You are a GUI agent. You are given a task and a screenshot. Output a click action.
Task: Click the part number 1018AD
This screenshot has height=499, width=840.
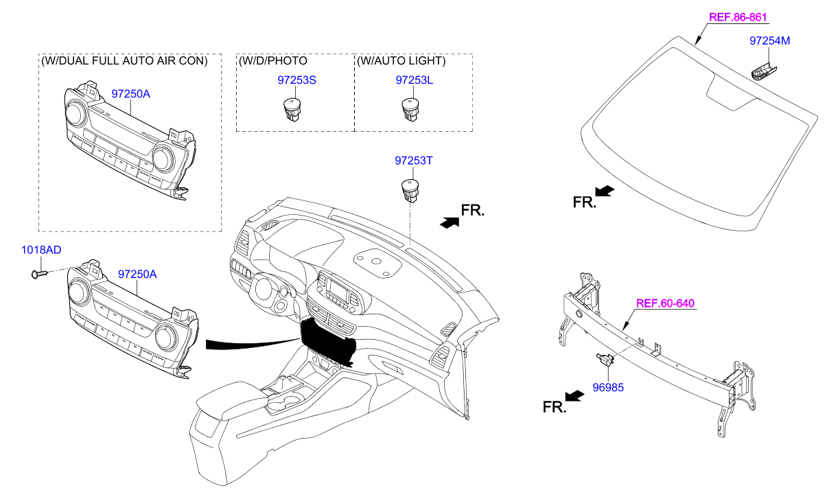pos(40,251)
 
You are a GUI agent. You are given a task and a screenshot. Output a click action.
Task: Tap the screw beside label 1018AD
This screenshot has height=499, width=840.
pos(38,275)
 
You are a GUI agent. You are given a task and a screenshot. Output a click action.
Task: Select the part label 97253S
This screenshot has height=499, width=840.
pos(296,80)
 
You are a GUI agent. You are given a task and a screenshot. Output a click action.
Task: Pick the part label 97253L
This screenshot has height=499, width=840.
pos(414,80)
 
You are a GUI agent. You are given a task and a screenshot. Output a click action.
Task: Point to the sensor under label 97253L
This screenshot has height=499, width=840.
pos(410,109)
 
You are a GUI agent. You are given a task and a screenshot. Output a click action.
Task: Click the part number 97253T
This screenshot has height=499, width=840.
pos(414,161)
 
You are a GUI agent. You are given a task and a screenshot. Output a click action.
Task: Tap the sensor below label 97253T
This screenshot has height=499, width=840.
pos(410,190)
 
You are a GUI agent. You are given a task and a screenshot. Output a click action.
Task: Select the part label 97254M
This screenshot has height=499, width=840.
pos(769,41)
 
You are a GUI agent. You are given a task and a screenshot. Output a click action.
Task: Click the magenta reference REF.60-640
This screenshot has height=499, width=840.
pos(665,303)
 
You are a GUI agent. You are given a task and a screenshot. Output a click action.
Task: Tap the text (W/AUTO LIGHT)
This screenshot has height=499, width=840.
pos(401,61)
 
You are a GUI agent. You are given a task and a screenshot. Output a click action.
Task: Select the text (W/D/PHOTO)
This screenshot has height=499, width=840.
pos(273,61)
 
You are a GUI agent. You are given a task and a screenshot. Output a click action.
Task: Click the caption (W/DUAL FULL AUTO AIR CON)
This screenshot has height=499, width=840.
pos(124,61)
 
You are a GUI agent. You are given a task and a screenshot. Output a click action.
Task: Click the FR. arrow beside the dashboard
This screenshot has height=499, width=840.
pos(450,222)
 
